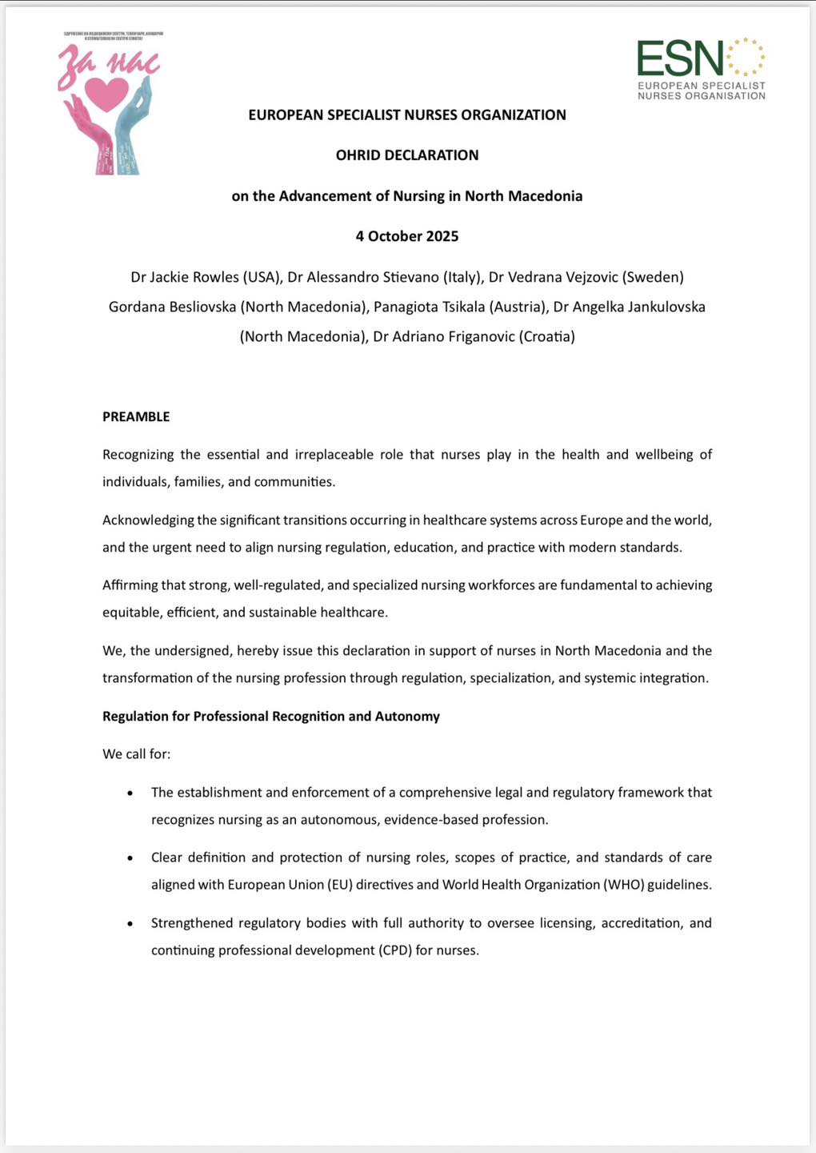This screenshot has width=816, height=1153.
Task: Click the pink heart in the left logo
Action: (x=106, y=93)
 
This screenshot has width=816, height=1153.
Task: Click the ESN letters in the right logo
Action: (x=680, y=59)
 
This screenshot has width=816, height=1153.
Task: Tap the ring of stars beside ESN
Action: (x=746, y=57)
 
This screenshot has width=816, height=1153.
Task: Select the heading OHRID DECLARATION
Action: (x=407, y=155)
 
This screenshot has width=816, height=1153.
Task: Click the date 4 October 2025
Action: (x=407, y=236)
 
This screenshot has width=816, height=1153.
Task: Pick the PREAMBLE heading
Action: (x=136, y=416)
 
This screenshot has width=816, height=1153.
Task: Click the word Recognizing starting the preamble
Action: (x=138, y=455)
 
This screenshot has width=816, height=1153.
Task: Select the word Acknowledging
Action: (x=148, y=520)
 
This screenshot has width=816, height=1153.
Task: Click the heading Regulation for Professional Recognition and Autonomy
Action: (x=271, y=716)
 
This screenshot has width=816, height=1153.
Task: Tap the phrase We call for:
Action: (x=136, y=754)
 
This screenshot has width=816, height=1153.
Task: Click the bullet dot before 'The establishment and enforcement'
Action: (x=130, y=793)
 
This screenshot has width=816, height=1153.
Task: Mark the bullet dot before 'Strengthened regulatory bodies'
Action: (x=130, y=923)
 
